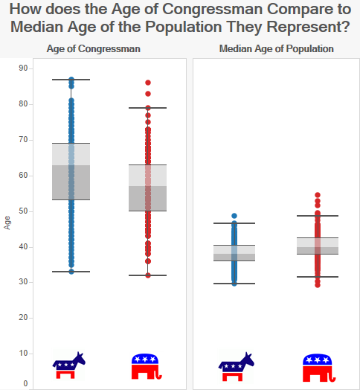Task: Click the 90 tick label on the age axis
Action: click(23, 68)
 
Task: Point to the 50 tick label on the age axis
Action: click(23, 211)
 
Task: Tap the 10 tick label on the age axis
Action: click(23, 354)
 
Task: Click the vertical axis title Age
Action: click(7, 223)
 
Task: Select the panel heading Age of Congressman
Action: click(94, 49)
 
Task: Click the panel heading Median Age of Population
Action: click(276, 49)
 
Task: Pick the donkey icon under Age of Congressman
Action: click(69, 365)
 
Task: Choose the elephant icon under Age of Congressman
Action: click(147, 366)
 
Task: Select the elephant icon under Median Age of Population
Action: click(319, 368)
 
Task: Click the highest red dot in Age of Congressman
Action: click(148, 83)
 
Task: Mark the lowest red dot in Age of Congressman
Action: click(148, 275)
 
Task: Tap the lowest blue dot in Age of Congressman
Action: click(71, 272)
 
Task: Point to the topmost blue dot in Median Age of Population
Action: click(234, 216)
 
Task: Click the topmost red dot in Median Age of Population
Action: click(318, 195)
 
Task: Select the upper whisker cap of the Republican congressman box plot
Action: click(148, 108)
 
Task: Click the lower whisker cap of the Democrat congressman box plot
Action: click(71, 272)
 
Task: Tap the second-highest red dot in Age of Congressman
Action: click(148, 94)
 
